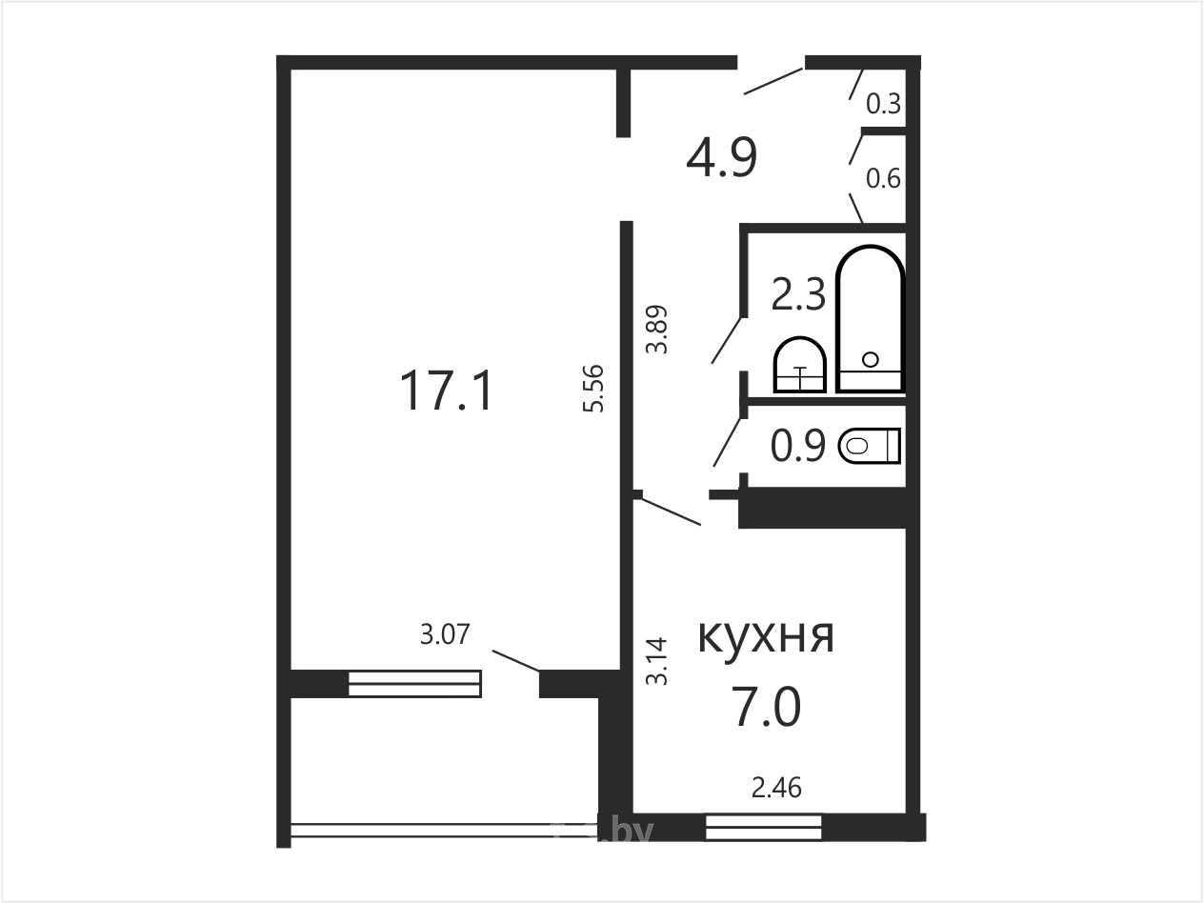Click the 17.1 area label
[447, 391]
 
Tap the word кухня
[766, 636]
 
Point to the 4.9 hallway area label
[722, 157]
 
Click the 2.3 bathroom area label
[798, 294]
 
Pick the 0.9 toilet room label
[798, 447]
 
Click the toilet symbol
[870, 446]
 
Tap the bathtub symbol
[870, 319]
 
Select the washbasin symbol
[800, 365]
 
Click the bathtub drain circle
[870, 360]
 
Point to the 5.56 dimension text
[593, 389]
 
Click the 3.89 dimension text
[656, 330]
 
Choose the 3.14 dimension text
[656, 661]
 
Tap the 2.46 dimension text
[776, 788]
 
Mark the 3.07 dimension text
[445, 634]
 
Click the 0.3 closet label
[884, 104]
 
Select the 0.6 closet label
[884, 179]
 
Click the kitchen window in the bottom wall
[764, 828]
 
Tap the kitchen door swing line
[672, 512]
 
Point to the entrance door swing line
[773, 81]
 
